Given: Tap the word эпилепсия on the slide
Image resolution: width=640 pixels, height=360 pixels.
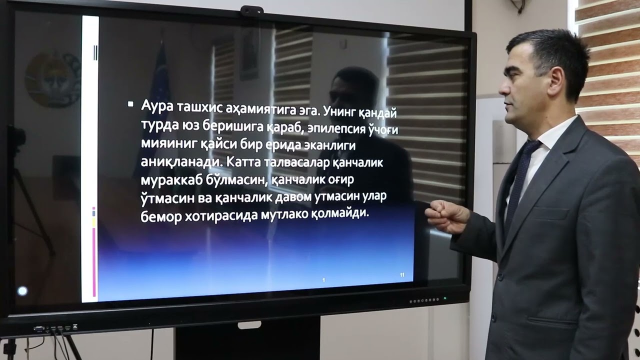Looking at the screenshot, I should click(x=336, y=128).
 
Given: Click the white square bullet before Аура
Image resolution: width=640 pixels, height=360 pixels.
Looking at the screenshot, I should click(x=130, y=104).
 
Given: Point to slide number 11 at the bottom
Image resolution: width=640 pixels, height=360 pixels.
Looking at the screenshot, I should click(x=402, y=275).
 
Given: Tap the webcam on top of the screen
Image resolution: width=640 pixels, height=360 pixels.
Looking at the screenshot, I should click(x=251, y=10).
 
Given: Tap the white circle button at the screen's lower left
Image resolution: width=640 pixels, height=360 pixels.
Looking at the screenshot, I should click(x=22, y=290).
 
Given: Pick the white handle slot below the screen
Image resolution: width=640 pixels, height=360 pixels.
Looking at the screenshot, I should click(x=249, y=325).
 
